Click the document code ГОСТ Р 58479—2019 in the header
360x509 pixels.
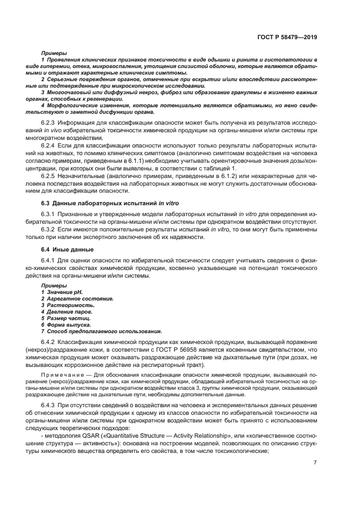288,38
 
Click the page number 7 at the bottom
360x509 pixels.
315,462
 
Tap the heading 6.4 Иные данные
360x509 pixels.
68,249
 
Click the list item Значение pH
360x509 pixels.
61,292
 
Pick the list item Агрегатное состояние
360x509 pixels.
72,299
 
